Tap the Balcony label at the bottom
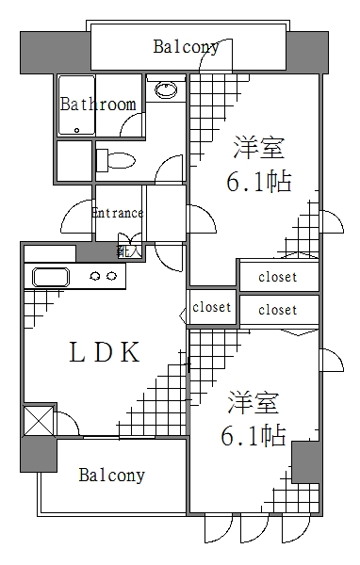(x=111, y=475)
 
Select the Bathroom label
(x=97, y=105)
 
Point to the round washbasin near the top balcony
(x=166, y=90)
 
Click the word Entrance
(x=117, y=213)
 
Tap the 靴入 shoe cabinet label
(x=128, y=251)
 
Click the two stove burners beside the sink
(x=103, y=276)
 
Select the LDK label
(x=105, y=353)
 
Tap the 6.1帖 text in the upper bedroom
(x=257, y=182)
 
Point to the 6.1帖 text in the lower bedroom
(x=254, y=436)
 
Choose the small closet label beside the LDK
(x=212, y=307)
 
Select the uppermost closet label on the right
(x=277, y=277)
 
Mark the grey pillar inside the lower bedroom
(x=306, y=462)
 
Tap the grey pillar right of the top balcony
(x=306, y=51)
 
